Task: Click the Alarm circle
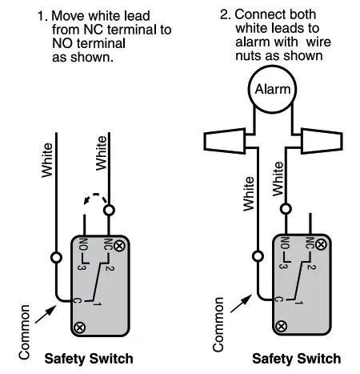tap(272, 89)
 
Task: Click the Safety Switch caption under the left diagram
tap(89, 358)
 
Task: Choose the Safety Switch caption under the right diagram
tap(297, 358)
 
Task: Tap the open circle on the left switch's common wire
tap(56, 258)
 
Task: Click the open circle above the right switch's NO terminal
tap(285, 209)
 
